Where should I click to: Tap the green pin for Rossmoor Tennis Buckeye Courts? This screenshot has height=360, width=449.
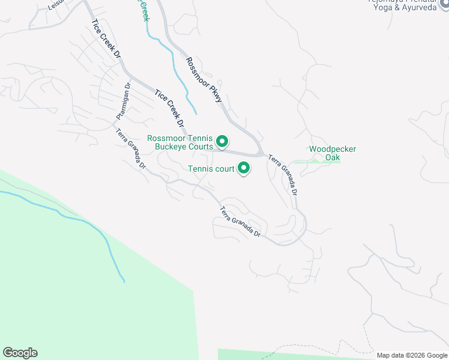222,142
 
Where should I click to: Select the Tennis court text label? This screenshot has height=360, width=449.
211,169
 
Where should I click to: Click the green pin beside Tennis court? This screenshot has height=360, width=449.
244,169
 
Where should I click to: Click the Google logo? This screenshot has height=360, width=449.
20,353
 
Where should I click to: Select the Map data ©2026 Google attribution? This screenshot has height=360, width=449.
412,355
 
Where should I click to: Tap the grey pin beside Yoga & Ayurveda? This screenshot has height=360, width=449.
443,3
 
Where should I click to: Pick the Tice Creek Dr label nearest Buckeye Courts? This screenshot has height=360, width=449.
169,109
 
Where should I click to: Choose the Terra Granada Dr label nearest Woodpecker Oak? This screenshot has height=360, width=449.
283,175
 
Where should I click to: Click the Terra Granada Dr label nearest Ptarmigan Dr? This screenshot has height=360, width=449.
131,148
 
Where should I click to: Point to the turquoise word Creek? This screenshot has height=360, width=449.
145,10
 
